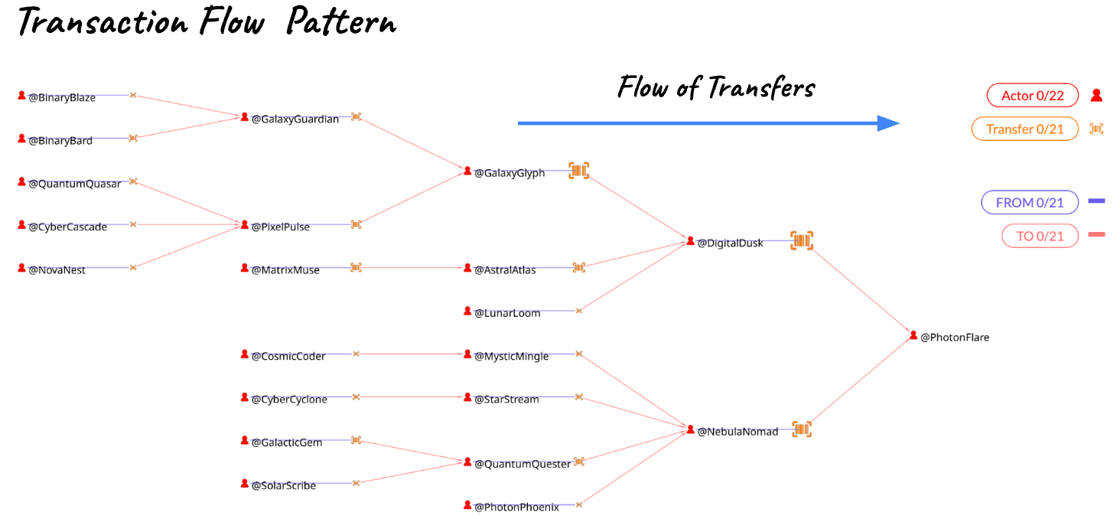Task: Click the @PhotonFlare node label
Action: [955, 338]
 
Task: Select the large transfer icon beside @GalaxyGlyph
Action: [579, 171]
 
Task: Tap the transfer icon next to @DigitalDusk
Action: [802, 240]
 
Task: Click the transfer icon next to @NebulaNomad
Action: [802, 429]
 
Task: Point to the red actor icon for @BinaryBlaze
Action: [21, 95]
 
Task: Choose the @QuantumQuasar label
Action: [74, 184]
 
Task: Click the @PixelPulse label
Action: [281, 227]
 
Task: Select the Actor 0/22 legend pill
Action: [1033, 95]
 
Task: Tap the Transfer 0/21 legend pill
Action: [1024, 129]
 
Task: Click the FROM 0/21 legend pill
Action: [1030, 202]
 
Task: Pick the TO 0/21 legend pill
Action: [1040, 236]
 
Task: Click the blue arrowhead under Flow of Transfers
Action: [888, 123]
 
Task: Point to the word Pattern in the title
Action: [342, 21]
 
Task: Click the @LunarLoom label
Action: [507, 313]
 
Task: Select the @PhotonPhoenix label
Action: [516, 507]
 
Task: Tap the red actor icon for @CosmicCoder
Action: [245, 354]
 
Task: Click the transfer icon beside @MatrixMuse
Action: [356, 267]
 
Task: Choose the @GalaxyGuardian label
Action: [295, 119]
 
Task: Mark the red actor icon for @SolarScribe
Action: [245, 483]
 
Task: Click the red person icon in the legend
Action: [1096, 95]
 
